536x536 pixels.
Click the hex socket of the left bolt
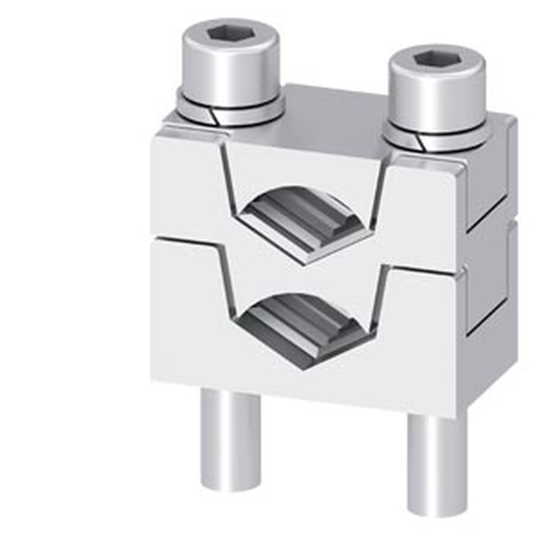230,33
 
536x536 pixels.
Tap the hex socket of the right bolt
436,58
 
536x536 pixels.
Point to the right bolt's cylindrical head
437,96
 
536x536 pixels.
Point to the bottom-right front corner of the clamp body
456,415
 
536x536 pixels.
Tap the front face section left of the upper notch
188,182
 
